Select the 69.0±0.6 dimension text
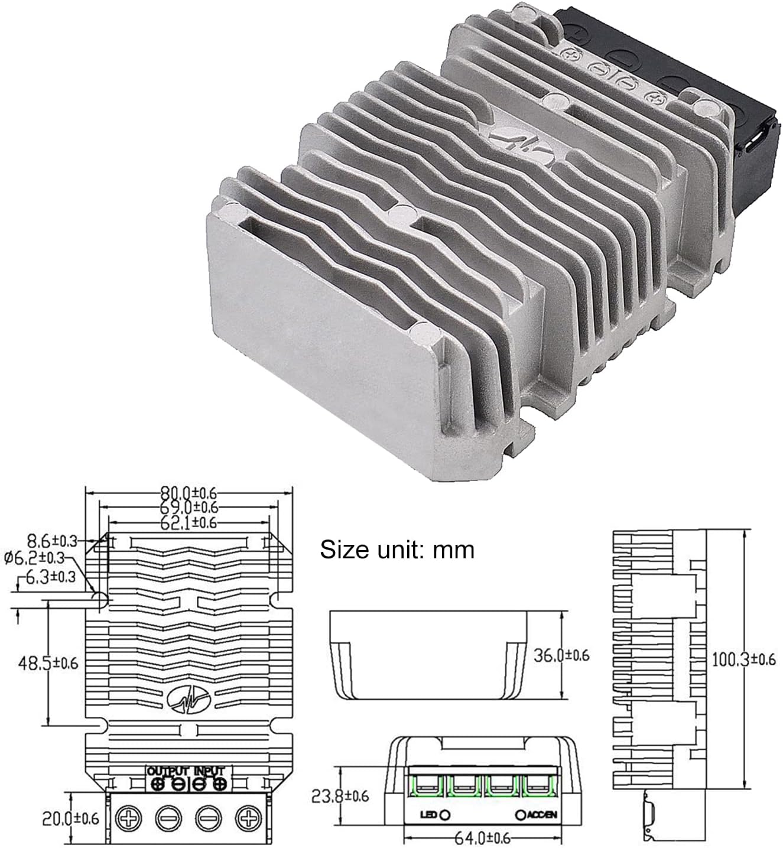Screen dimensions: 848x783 pyautogui.click(x=189, y=507)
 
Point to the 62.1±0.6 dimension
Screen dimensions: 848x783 pyautogui.click(x=189, y=522)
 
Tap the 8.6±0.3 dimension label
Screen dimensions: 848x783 pyautogui.click(x=53, y=540)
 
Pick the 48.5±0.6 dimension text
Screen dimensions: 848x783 pyautogui.click(x=48, y=662)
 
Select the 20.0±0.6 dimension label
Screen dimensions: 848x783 pyautogui.click(x=70, y=818)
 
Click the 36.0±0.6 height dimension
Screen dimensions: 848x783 pyautogui.click(x=561, y=655)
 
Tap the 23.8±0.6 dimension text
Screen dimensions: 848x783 pyautogui.click(x=340, y=796)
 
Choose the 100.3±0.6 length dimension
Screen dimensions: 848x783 pyautogui.click(x=743, y=659)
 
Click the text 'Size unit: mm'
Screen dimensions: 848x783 pyautogui.click(x=397, y=550)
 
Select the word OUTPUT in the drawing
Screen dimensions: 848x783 pyautogui.click(x=167, y=772)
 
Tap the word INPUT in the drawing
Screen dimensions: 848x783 pyautogui.click(x=209, y=772)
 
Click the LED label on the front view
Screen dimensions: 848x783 pyautogui.click(x=428, y=815)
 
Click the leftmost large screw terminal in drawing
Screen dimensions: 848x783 pyautogui.click(x=128, y=819)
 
